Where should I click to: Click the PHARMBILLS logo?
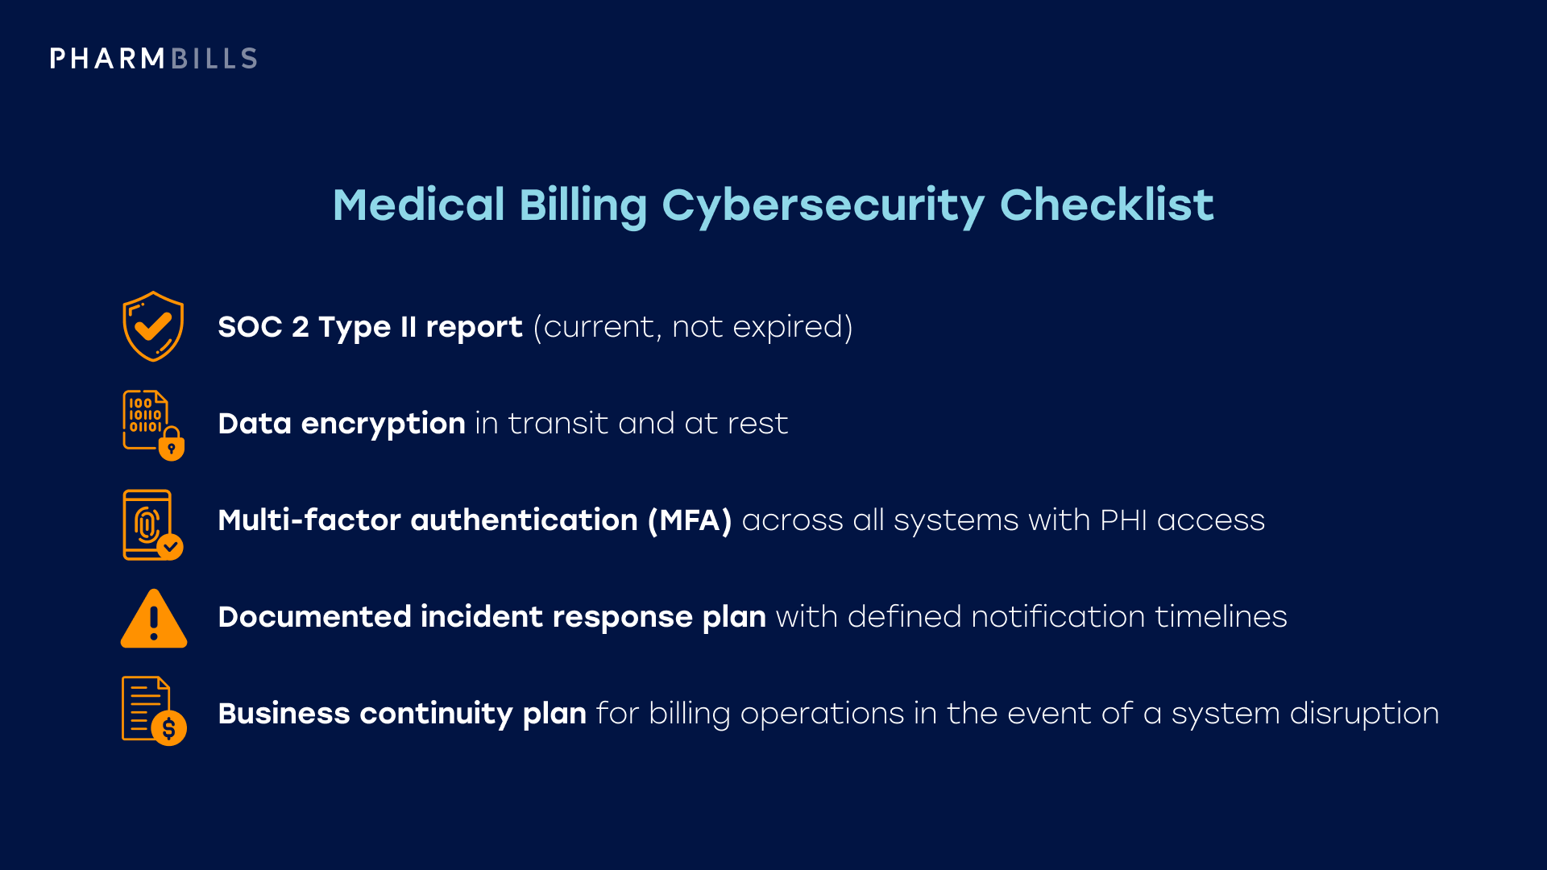153,59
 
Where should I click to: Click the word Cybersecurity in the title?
823,205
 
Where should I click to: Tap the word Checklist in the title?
1106,205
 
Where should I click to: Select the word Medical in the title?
418,205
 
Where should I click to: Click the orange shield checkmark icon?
153,326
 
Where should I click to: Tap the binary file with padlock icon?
153,425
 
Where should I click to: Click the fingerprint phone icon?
153,524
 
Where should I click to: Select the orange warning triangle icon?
153,619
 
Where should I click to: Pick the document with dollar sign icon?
153,710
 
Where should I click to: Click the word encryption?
383,425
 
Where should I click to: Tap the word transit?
558,424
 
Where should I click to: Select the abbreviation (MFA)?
690,520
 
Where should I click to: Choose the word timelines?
1221,617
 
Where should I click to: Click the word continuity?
435,714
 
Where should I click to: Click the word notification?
1057,617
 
